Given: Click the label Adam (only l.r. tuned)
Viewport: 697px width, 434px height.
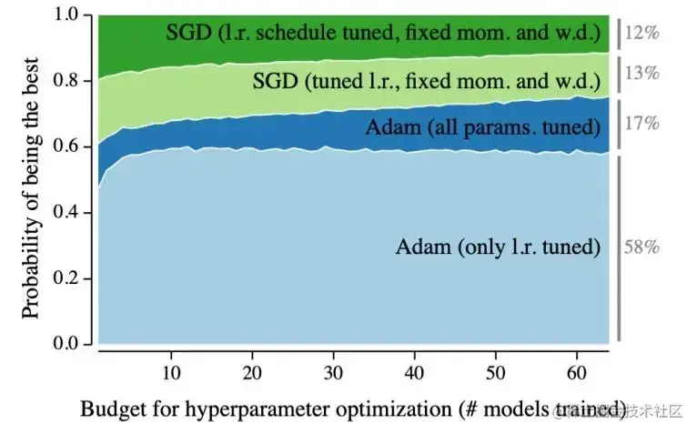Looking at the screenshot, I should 499,247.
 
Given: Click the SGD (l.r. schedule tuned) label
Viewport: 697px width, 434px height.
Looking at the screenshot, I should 383,34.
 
